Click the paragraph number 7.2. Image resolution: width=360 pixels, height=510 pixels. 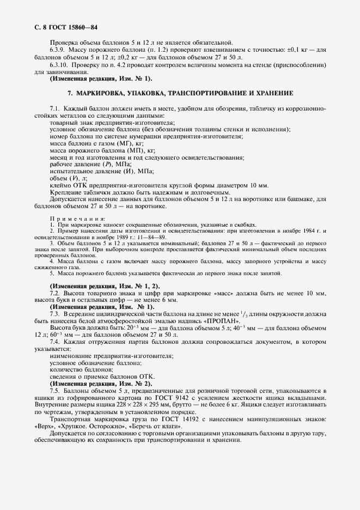pyautogui.click(x=54, y=294)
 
